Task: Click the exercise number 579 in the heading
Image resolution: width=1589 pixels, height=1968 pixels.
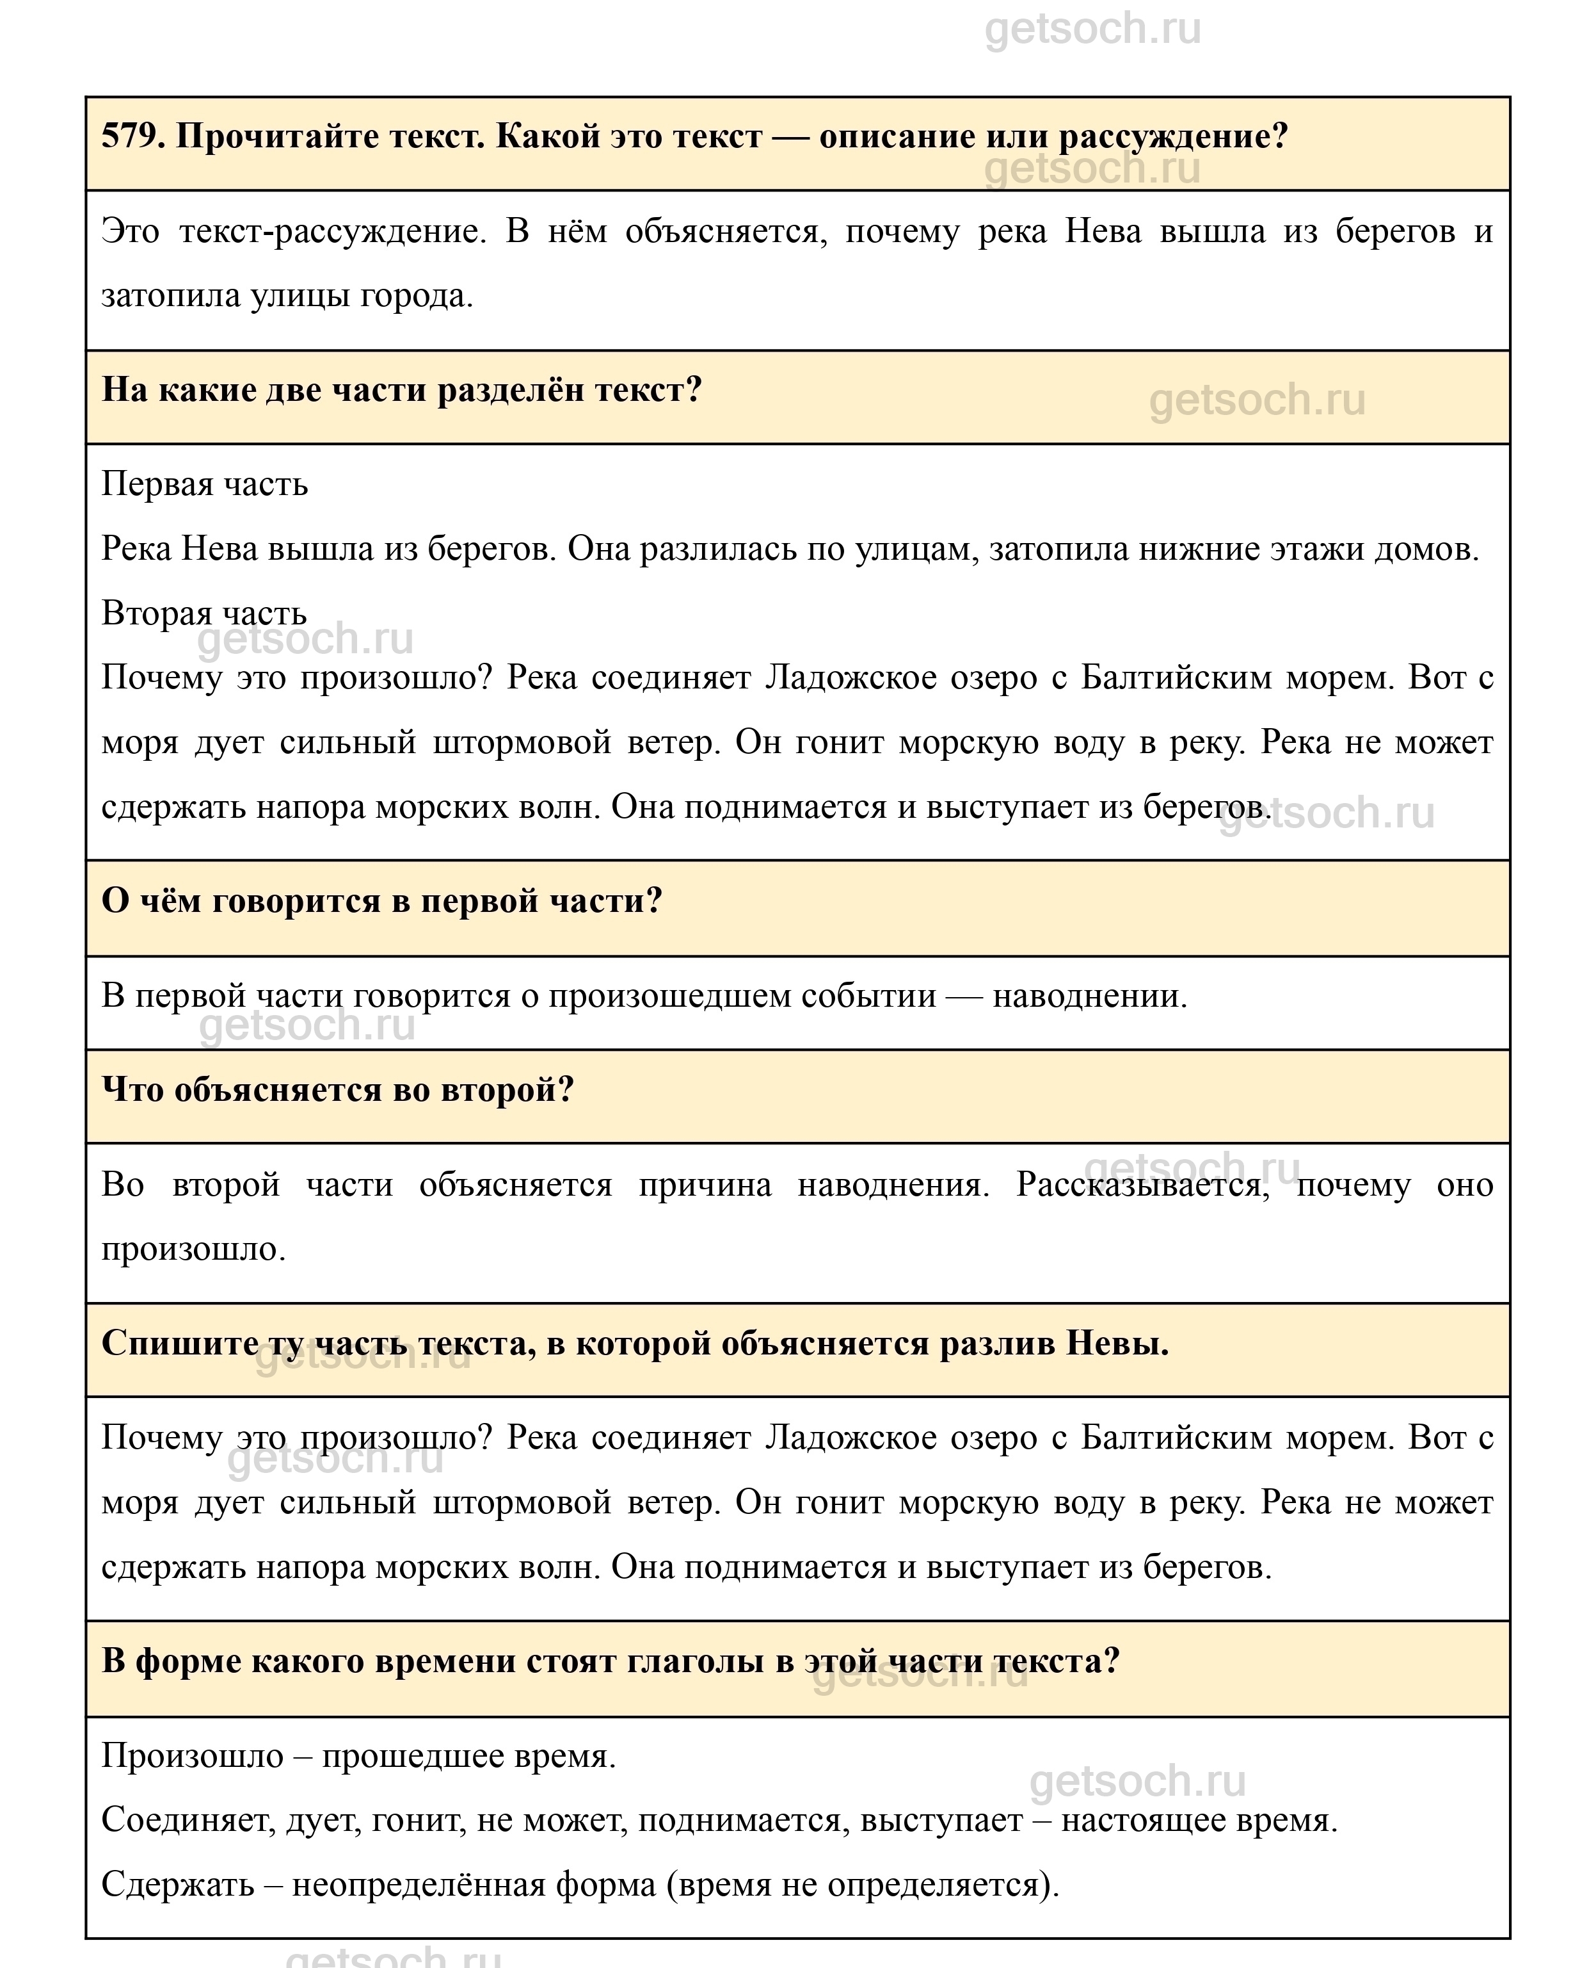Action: pos(131,137)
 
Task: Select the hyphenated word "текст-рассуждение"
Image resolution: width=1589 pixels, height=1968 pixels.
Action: pos(330,231)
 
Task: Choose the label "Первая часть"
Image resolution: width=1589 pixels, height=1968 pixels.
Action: pos(204,484)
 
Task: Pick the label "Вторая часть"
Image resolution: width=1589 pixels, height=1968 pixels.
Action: pos(204,613)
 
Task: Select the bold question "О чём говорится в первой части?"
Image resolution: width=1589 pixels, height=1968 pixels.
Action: pos(381,901)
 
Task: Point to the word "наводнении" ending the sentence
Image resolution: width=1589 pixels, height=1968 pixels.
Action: pos(1089,995)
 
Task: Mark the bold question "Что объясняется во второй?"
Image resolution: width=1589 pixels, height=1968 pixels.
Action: pos(338,1090)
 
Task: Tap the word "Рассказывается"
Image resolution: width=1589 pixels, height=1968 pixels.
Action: pos(1142,1185)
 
